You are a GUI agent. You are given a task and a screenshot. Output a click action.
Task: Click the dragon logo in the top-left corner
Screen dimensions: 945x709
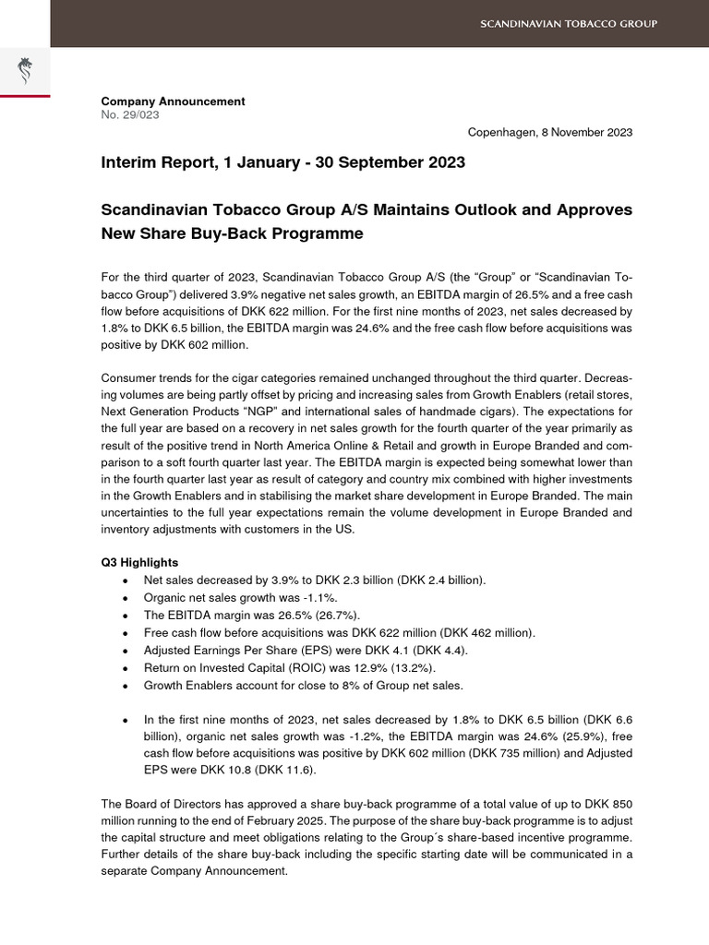coord(25,71)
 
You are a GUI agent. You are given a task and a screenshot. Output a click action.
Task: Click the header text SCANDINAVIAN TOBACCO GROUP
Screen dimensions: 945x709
coord(568,23)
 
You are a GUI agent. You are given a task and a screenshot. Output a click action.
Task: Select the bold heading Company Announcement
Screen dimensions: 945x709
coord(173,102)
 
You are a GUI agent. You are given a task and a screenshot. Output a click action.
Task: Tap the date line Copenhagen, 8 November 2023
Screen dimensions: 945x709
coord(549,132)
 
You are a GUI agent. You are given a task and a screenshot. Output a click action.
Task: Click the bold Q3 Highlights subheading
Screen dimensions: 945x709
coord(139,562)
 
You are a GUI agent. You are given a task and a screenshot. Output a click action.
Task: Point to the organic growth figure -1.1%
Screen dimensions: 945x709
coord(292,597)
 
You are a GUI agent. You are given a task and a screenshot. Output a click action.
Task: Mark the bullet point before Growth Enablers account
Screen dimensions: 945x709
coord(126,686)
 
